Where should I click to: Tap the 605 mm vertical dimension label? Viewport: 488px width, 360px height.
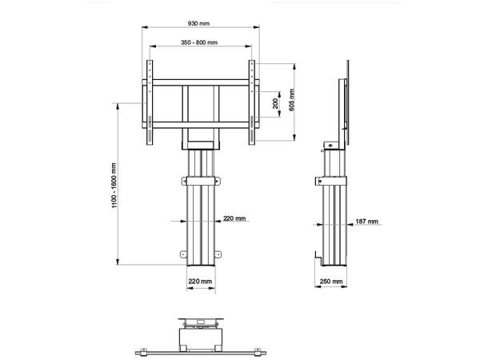[292, 100]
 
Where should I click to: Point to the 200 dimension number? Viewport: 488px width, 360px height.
[276, 104]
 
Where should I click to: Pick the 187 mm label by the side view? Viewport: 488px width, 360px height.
[367, 221]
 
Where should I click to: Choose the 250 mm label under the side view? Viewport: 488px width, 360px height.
[331, 282]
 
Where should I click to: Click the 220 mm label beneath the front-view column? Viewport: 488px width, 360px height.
[199, 282]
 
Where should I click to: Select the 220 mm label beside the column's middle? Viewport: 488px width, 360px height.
[234, 218]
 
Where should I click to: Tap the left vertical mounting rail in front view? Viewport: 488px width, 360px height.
[150, 104]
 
